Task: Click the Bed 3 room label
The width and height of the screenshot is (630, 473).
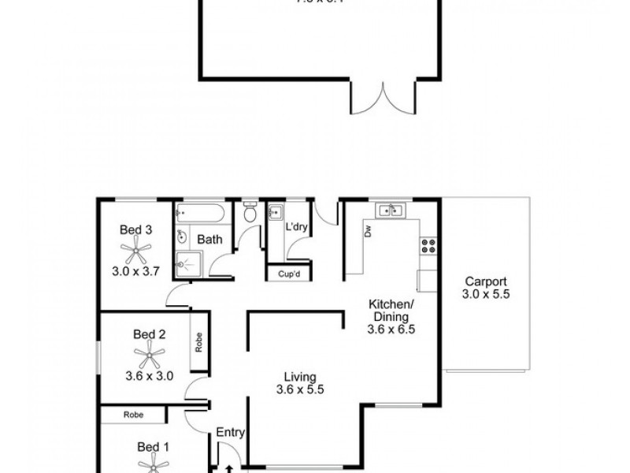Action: [135, 230]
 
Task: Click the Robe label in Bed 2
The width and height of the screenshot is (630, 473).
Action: [200, 341]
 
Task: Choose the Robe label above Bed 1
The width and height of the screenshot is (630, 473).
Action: [132, 414]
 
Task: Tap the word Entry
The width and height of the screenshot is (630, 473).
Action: [230, 432]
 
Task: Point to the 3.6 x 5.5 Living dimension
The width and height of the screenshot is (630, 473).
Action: [301, 389]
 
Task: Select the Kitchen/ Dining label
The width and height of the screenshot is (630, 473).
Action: [391, 310]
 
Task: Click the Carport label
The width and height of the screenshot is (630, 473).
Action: [485, 281]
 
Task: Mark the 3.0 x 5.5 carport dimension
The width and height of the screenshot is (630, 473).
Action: [485, 295]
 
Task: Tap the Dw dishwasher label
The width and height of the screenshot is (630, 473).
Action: [368, 230]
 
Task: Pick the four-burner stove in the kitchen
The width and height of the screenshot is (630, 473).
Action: [429, 246]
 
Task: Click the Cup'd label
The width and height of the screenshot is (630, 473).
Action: [289, 274]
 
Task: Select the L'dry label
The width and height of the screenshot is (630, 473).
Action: [296, 227]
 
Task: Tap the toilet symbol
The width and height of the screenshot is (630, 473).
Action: [250, 212]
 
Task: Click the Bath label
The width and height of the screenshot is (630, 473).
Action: [209, 239]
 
